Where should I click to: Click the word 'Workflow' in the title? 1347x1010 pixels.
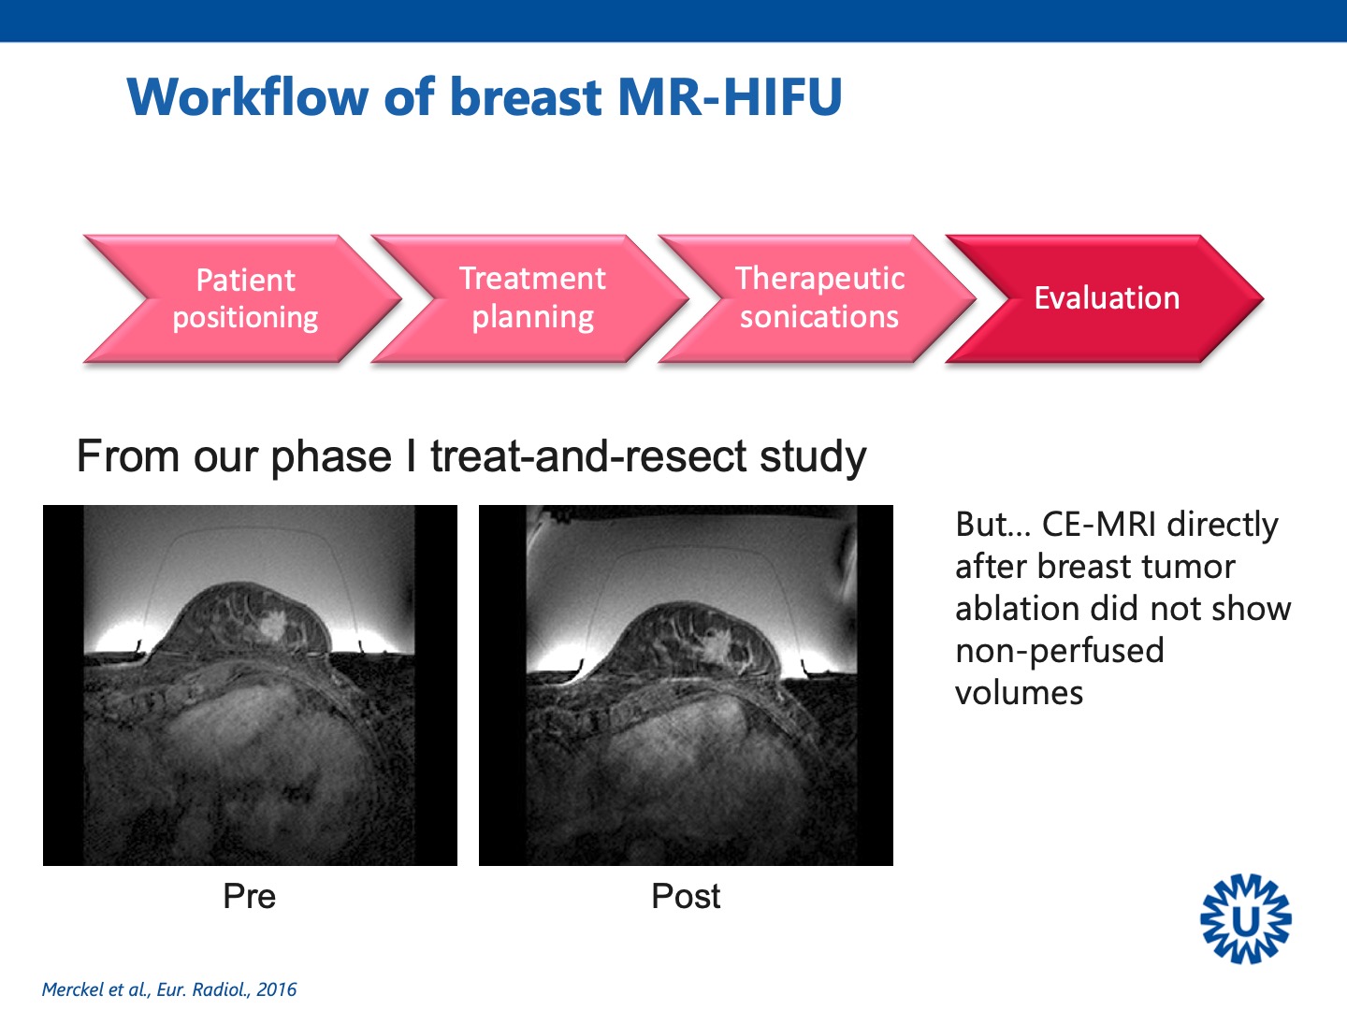248,97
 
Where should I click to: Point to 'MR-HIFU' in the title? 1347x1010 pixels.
731,97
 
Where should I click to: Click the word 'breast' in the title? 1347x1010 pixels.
526,97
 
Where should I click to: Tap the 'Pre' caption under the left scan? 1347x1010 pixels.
249,897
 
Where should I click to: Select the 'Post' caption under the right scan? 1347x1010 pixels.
686,897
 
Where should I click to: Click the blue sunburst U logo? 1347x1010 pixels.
1245,918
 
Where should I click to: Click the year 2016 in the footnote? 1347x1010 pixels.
276,989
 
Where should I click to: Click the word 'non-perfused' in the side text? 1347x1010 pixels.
1060,651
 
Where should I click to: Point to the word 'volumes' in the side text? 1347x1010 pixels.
1020,694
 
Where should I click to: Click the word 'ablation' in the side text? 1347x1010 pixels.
1018,609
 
